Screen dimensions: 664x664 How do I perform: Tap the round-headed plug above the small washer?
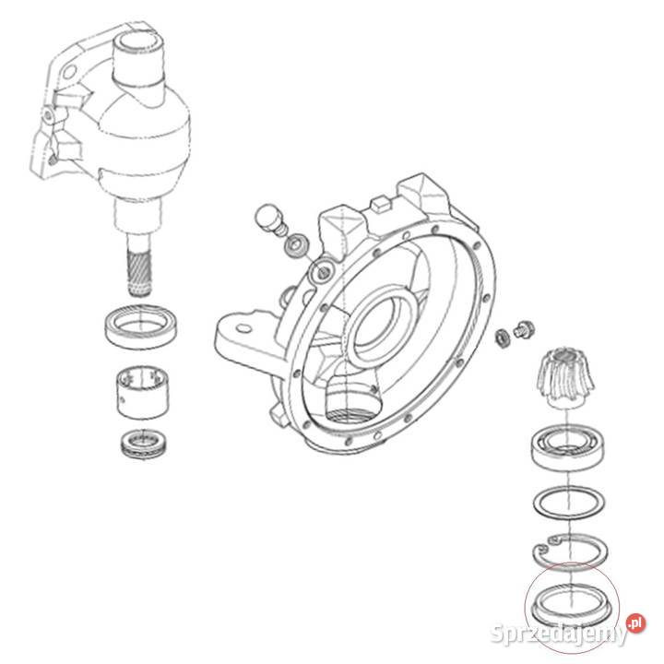click(267, 219)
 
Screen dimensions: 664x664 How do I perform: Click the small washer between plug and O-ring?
click(298, 246)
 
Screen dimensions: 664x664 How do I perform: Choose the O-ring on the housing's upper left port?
click(320, 271)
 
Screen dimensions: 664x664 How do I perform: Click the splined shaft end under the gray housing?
click(139, 268)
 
